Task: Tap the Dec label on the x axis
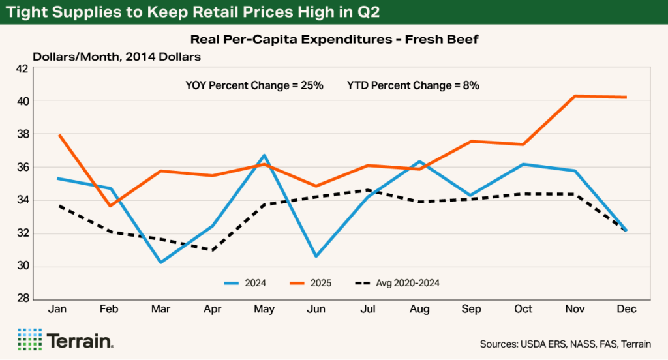point(626,309)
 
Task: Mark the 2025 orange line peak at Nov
point(575,96)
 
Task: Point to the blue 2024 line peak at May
point(264,155)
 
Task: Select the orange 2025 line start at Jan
point(59,135)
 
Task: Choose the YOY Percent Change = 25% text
point(254,85)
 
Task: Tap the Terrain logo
point(67,340)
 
